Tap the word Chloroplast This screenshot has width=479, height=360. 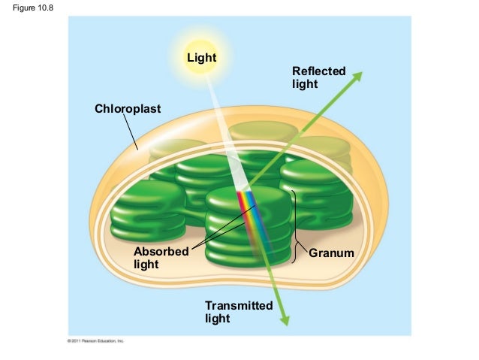(128, 109)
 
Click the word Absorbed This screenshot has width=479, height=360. (161, 252)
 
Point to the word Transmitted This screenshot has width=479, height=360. (239, 306)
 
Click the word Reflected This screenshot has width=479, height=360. (319, 71)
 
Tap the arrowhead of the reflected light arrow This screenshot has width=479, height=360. (358, 76)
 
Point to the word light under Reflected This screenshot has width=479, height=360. (305, 84)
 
